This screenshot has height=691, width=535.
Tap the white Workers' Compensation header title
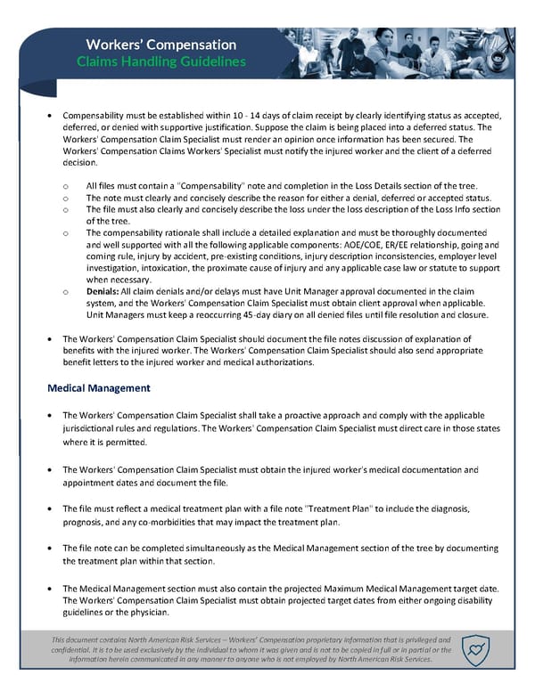click(160, 44)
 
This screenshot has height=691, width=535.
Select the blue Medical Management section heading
click(99, 388)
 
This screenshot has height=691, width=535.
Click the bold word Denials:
click(107, 290)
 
